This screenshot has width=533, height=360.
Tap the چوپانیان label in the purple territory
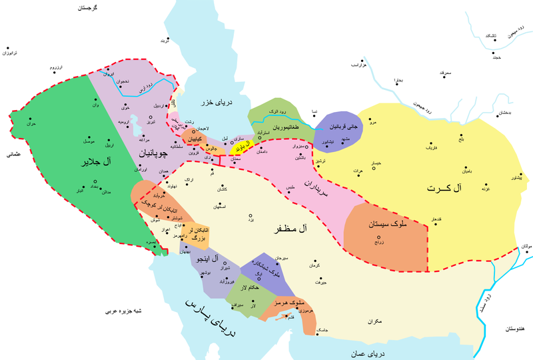click(153, 153)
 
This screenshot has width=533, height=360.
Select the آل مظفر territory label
click(288, 229)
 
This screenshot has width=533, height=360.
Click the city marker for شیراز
click(225, 263)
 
